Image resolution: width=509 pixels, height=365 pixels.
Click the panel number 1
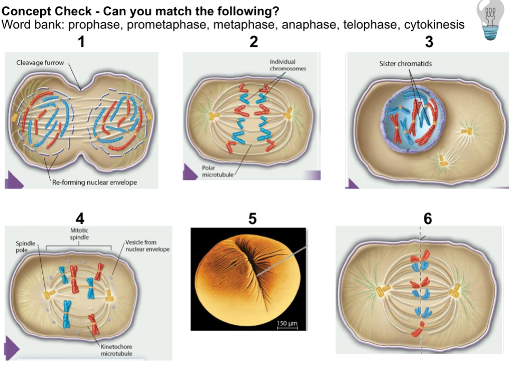[80, 42]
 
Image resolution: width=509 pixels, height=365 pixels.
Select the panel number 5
[253, 218]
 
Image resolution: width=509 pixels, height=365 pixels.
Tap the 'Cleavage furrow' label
[40, 63]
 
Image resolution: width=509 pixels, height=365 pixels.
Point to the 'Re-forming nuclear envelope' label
[94, 182]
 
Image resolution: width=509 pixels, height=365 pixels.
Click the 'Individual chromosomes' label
[288, 65]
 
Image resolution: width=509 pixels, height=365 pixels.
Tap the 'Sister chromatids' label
[405, 64]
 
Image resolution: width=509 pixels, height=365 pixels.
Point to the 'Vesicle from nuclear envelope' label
[147, 246]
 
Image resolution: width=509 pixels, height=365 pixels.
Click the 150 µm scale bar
[287, 324]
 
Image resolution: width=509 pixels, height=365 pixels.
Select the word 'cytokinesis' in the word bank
[434, 25]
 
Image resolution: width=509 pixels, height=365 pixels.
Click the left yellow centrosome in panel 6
[382, 290]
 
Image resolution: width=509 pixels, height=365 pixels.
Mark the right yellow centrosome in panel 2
[289, 114]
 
